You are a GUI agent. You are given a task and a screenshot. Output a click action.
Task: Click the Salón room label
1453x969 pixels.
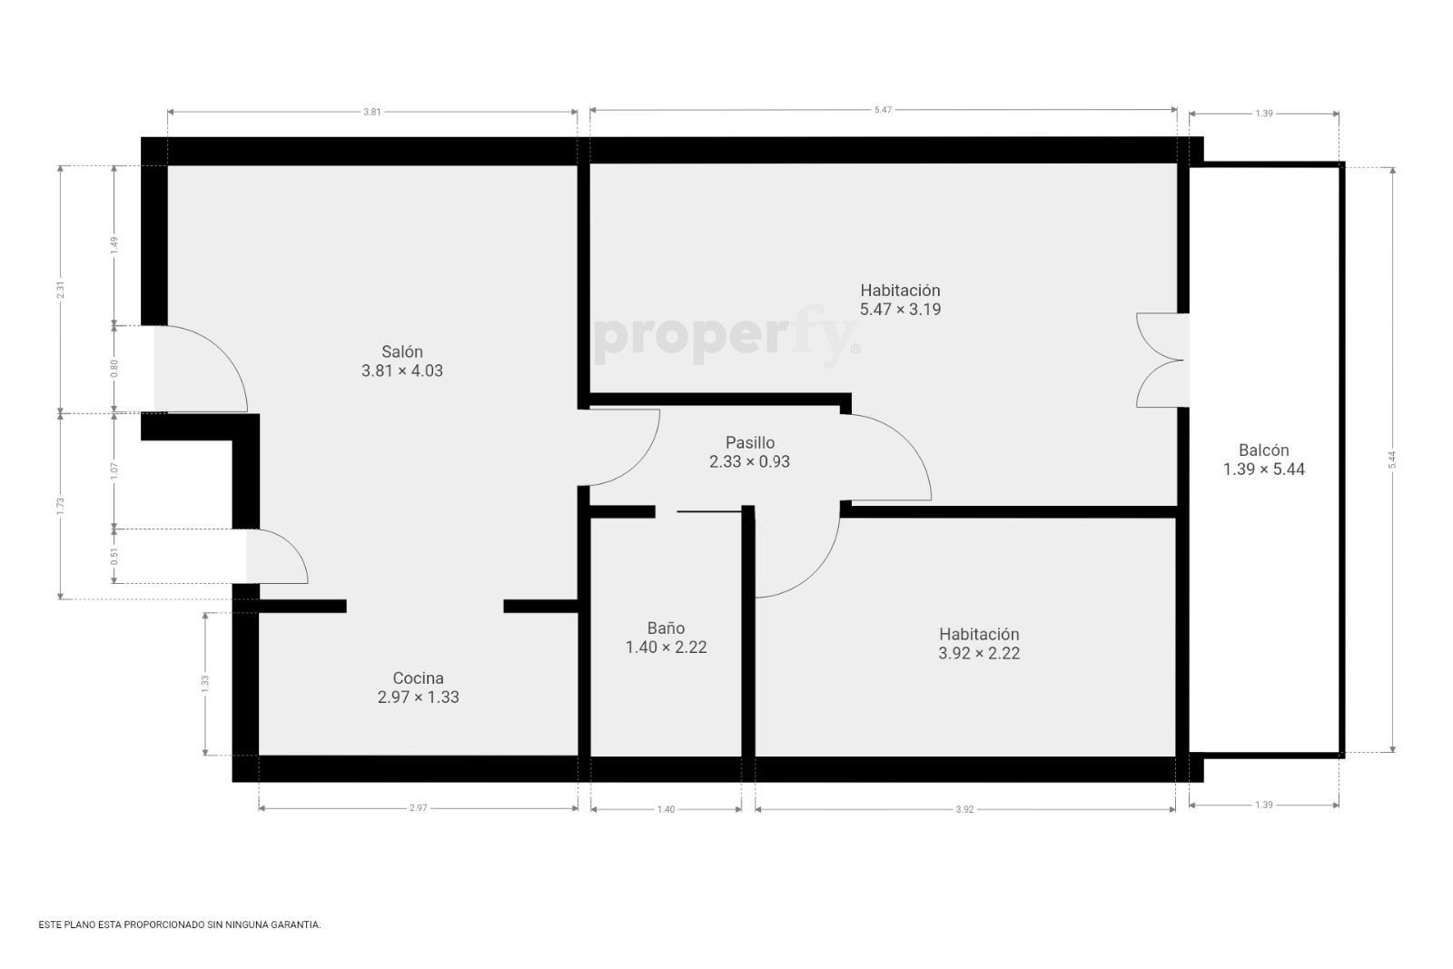coord(402,351)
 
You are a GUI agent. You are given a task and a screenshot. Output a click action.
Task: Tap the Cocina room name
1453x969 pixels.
coord(419,677)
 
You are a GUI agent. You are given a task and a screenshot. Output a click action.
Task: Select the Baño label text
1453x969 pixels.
coord(667,628)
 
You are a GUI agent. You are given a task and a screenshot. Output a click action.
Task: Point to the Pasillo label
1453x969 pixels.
coord(750,442)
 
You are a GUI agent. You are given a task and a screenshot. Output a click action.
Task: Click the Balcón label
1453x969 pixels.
coord(1263,450)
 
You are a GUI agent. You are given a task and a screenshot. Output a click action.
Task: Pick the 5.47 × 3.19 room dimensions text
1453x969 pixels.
coord(900,310)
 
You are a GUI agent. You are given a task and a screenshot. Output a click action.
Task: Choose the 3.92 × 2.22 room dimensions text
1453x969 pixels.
coord(979,653)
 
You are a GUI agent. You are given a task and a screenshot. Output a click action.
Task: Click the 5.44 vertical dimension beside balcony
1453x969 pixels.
coord(1392,460)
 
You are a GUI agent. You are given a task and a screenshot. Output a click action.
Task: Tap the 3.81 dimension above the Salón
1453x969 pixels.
coord(371,112)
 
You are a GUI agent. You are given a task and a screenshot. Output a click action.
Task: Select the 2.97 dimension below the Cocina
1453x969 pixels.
coord(419,808)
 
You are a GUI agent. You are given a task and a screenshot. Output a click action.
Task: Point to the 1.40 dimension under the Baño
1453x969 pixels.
coord(667,809)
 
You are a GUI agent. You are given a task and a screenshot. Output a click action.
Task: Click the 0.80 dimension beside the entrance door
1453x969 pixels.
coord(114,369)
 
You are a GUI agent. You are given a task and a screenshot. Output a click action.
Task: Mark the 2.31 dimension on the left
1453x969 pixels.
coord(60,290)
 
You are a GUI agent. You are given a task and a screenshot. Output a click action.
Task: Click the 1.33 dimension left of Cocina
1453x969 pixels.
coord(205,684)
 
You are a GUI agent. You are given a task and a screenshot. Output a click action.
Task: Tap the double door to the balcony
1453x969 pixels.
coord(1161,360)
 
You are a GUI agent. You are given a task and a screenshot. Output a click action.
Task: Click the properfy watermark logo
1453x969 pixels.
coord(726,336)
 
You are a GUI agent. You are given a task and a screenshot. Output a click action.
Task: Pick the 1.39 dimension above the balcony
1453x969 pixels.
coord(1263,114)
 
